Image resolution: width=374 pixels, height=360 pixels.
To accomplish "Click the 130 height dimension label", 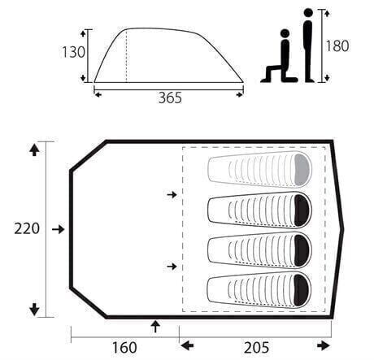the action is (74, 52).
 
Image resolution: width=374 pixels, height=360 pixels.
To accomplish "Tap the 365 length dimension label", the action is (170, 98).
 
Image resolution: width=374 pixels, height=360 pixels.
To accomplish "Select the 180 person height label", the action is (337, 46).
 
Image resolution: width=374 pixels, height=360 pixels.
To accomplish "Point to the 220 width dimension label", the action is (27, 228).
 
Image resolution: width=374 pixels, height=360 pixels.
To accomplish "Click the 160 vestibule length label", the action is (124, 348).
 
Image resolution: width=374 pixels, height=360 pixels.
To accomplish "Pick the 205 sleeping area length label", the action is (256, 348).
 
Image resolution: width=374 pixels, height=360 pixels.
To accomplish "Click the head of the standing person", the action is (308, 13).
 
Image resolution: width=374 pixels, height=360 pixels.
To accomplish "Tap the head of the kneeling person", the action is (285, 33).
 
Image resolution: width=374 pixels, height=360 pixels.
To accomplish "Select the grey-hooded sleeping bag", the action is (259, 169).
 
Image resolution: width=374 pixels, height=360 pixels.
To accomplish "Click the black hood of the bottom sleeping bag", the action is (302, 291).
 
